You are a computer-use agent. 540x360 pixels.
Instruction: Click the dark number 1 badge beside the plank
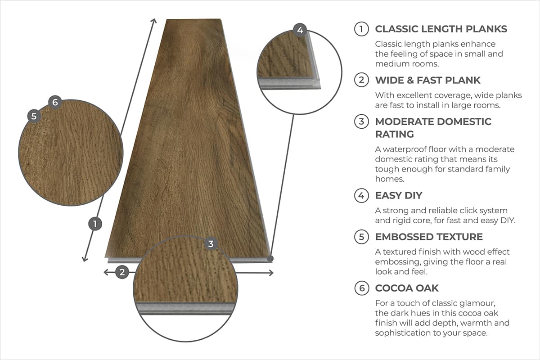95,224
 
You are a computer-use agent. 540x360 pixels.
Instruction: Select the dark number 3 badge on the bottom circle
211,244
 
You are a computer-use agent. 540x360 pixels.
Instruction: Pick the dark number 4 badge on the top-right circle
300,31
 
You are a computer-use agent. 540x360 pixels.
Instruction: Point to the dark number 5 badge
34,116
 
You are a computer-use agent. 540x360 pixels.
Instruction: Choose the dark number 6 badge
55,102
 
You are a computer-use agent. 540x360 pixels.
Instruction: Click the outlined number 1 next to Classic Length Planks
361,29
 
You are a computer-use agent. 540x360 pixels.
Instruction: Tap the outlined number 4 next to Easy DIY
361,196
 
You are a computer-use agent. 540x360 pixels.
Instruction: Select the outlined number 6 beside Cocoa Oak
361,288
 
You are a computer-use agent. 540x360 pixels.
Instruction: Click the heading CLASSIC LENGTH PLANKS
441,29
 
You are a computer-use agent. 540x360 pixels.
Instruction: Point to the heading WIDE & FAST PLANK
428,81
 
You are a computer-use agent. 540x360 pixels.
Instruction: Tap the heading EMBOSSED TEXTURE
429,237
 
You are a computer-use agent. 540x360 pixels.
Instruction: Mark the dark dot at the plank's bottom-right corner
270,258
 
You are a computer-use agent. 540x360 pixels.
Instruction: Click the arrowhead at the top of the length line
154,21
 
